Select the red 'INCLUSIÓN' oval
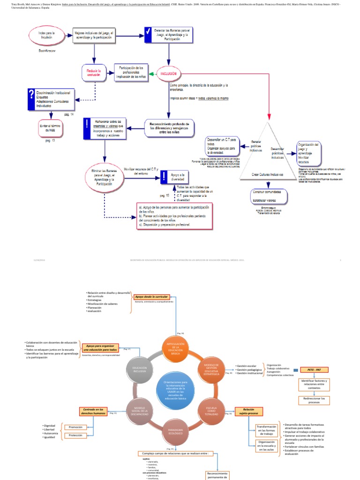169,74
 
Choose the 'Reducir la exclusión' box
94,73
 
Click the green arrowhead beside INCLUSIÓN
151,74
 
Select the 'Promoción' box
75,427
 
